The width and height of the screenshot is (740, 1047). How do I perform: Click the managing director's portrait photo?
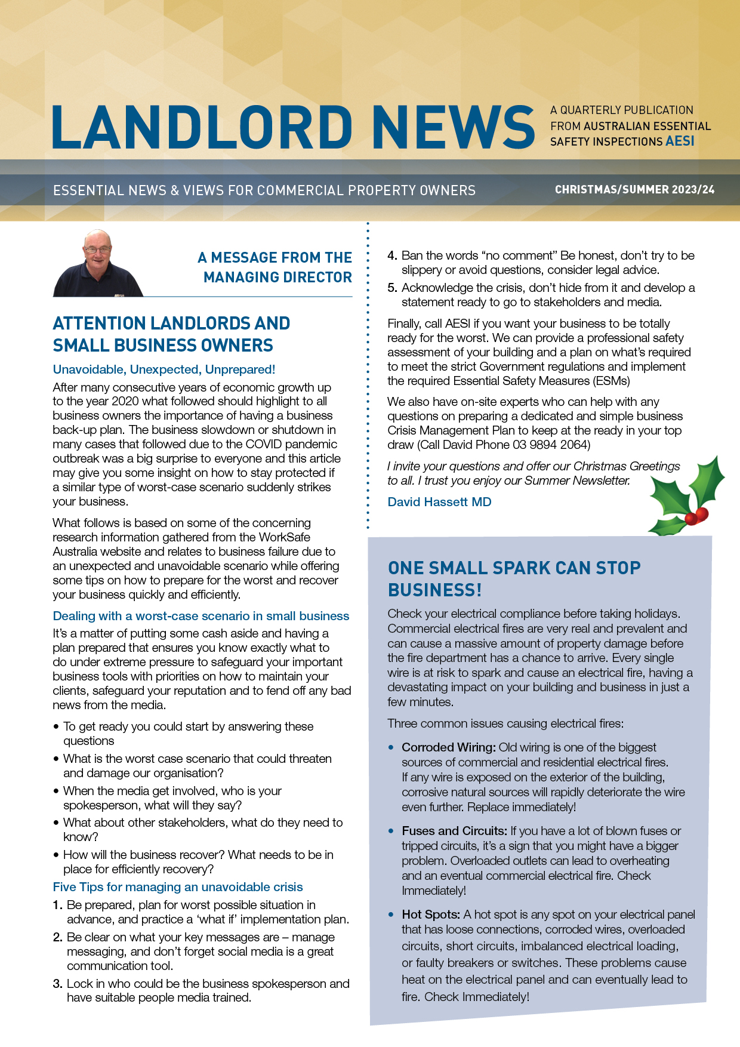pos(98,264)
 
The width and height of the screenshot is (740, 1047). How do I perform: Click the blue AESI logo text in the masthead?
pos(680,141)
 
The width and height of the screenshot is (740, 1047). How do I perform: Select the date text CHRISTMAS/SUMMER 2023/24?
pos(634,190)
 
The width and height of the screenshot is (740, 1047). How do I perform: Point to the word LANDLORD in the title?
pos(203,127)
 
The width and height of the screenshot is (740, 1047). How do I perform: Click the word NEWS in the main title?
pos(456,127)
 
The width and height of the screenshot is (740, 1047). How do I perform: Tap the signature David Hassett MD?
pos(439,502)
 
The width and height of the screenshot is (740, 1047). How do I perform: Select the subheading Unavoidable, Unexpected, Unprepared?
pos(164,369)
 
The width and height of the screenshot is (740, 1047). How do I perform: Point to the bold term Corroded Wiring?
pos(449,747)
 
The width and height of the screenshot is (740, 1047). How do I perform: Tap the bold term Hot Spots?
pos(431,914)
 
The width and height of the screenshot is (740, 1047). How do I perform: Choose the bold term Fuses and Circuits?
pos(455,831)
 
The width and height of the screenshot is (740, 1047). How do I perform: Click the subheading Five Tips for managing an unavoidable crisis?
pos(178,887)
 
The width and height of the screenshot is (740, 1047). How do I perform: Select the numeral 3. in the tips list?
pos(58,984)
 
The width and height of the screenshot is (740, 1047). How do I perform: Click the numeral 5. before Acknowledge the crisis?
pos(392,288)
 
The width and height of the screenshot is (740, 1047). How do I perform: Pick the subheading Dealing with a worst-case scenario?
pos(201,616)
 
